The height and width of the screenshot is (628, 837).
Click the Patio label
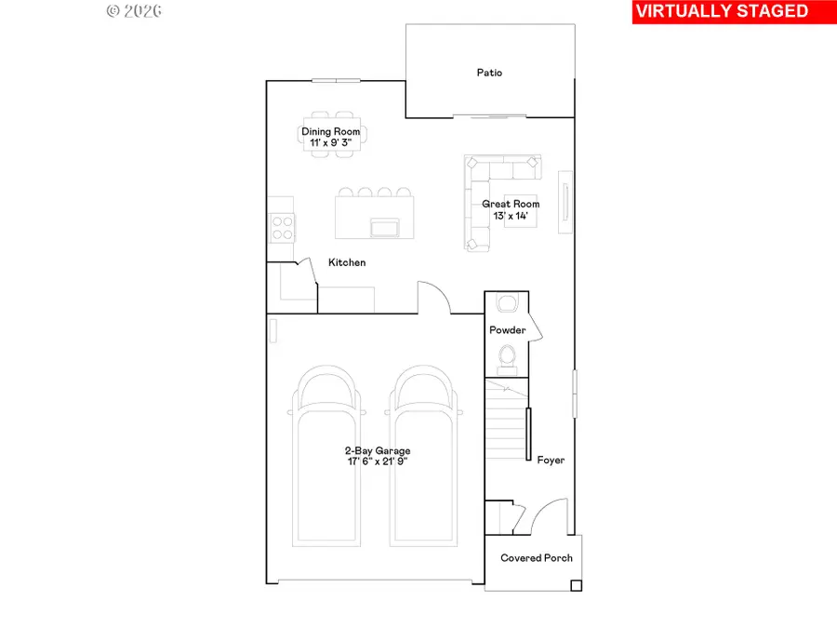coord(489,73)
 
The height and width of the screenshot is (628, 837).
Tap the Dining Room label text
coord(330,132)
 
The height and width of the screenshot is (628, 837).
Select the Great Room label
coord(511,204)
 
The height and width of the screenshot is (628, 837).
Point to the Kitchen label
coord(347,263)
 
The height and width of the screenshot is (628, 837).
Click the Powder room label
coord(508,330)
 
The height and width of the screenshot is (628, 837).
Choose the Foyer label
coord(551,460)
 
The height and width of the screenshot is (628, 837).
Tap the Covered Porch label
coord(537,558)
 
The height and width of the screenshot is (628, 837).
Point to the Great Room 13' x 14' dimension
coord(511,216)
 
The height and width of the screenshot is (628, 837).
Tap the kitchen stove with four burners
coord(281,227)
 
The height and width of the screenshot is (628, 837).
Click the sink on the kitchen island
coord(382,227)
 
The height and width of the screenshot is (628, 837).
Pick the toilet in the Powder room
coord(507,354)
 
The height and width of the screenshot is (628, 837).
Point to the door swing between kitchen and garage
coord(434,298)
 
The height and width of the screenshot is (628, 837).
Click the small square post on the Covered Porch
coord(576,585)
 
